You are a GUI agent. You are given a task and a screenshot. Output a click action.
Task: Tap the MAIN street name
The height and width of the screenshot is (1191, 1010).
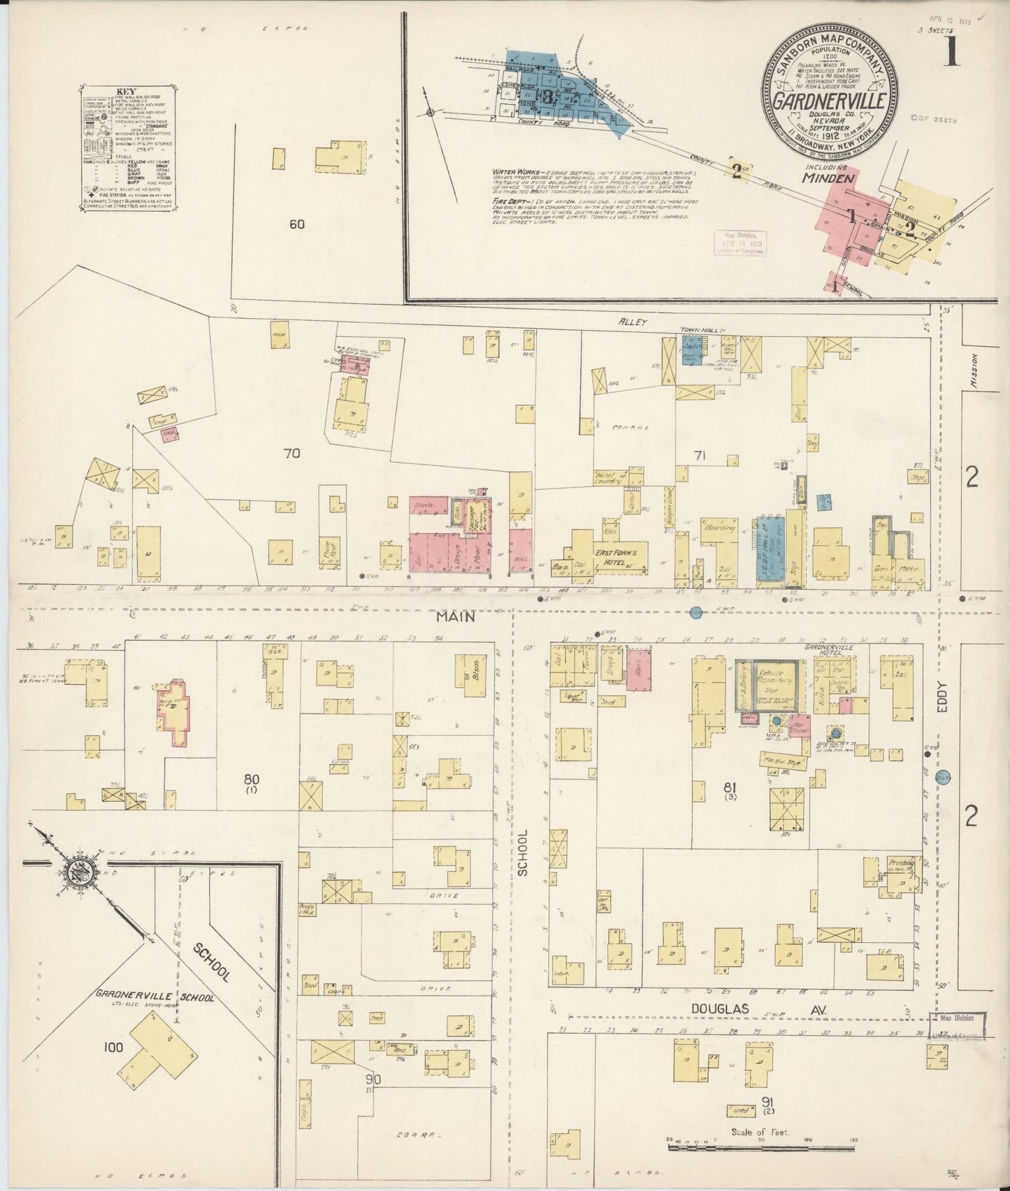[x=456, y=616]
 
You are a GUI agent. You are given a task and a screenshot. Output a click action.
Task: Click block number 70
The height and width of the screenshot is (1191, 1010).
[x=291, y=453]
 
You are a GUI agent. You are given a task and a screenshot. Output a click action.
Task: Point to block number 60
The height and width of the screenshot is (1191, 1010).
[x=296, y=224]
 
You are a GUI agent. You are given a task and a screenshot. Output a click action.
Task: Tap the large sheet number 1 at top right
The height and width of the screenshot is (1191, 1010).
[x=951, y=52]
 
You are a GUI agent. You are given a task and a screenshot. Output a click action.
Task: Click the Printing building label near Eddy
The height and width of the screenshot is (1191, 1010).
[x=901, y=862]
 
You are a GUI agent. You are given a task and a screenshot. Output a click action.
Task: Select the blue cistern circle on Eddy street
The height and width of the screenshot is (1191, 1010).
[x=944, y=777]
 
